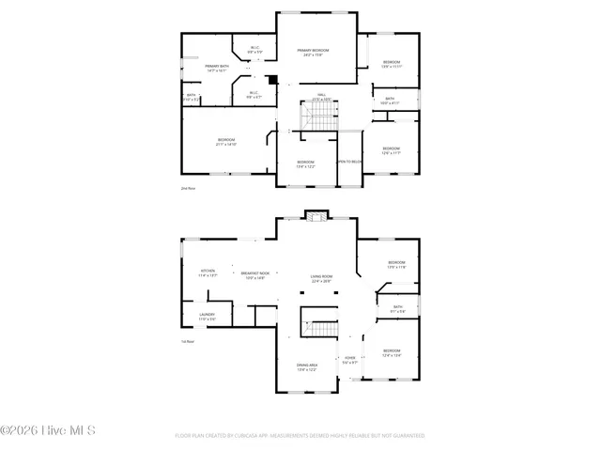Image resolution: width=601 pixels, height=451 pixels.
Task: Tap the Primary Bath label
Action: [216, 68]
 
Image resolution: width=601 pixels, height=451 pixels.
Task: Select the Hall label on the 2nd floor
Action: [320, 97]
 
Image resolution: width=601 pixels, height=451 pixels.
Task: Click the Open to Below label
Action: [349, 162]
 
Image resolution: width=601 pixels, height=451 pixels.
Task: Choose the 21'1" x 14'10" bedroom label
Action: [225, 142]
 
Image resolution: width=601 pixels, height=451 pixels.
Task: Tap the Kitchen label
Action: [208, 273]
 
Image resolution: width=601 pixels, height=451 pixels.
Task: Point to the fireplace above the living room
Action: [316, 215]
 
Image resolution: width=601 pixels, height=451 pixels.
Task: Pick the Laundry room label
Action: [208, 317]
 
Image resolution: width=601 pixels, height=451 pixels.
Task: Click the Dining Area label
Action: [307, 367]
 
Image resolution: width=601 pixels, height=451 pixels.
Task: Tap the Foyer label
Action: [349, 359]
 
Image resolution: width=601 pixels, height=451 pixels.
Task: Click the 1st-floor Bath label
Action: [398, 308]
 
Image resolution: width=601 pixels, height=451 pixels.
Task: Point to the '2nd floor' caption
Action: [188, 188]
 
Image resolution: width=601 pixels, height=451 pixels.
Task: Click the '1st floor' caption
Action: [188, 341]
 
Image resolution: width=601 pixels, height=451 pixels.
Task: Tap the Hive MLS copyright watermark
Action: [48, 432]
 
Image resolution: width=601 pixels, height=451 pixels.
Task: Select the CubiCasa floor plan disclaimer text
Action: [300, 436]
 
